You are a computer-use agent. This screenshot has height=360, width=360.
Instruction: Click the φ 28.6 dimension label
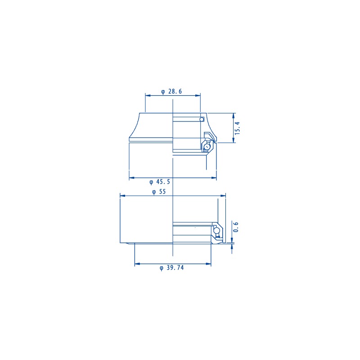coord(171,91)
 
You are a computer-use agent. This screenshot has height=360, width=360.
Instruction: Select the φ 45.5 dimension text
coord(160,182)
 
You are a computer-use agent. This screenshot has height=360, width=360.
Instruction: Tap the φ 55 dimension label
coord(159,192)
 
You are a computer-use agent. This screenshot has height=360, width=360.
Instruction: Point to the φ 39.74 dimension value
coord(172,268)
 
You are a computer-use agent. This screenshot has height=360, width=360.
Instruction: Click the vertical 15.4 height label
coord(237,128)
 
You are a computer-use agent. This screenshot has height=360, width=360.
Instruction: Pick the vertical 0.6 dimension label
coord(235,227)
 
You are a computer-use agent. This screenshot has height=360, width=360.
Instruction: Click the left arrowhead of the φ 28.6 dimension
coord(148,95)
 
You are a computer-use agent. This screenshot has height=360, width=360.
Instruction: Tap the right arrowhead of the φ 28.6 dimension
coord(198,95)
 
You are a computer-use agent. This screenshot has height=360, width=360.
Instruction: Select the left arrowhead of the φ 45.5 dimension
coord(132,177)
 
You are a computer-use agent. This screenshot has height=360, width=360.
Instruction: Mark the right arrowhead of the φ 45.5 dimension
coord(214,177)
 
